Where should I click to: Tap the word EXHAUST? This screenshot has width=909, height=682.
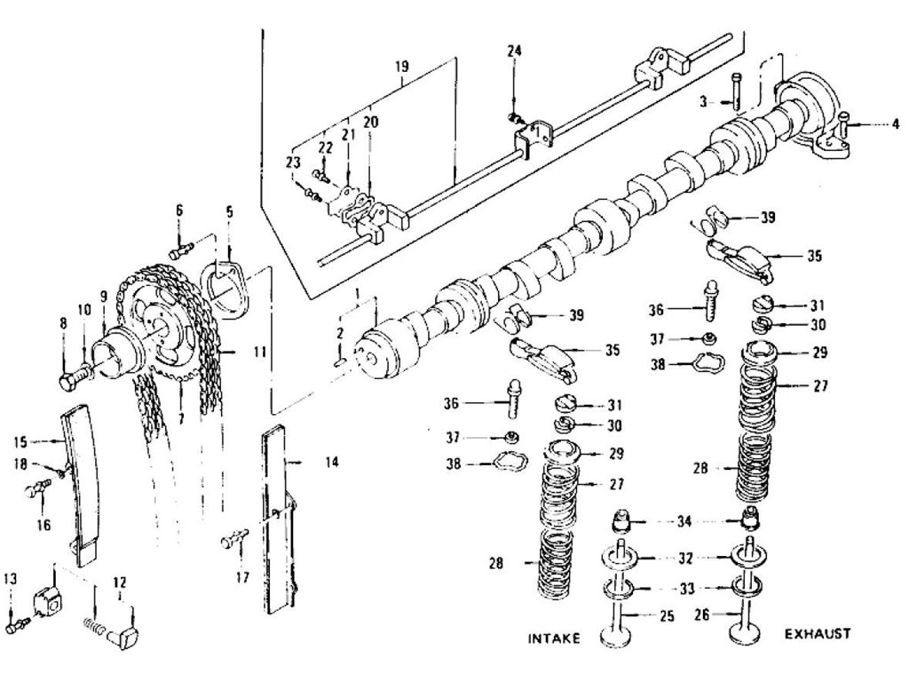click(818, 634)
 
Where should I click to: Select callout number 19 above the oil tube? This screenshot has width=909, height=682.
click(403, 67)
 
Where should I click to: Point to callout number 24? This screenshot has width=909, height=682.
click(514, 51)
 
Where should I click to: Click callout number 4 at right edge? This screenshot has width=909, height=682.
click(895, 124)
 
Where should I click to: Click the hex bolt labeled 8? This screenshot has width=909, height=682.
click(69, 382)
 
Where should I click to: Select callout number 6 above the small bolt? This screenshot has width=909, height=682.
click(178, 210)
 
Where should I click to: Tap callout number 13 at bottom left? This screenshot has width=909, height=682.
click(11, 580)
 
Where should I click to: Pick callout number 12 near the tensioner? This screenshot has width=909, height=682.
click(119, 583)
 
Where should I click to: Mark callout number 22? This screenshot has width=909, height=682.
click(325, 147)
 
